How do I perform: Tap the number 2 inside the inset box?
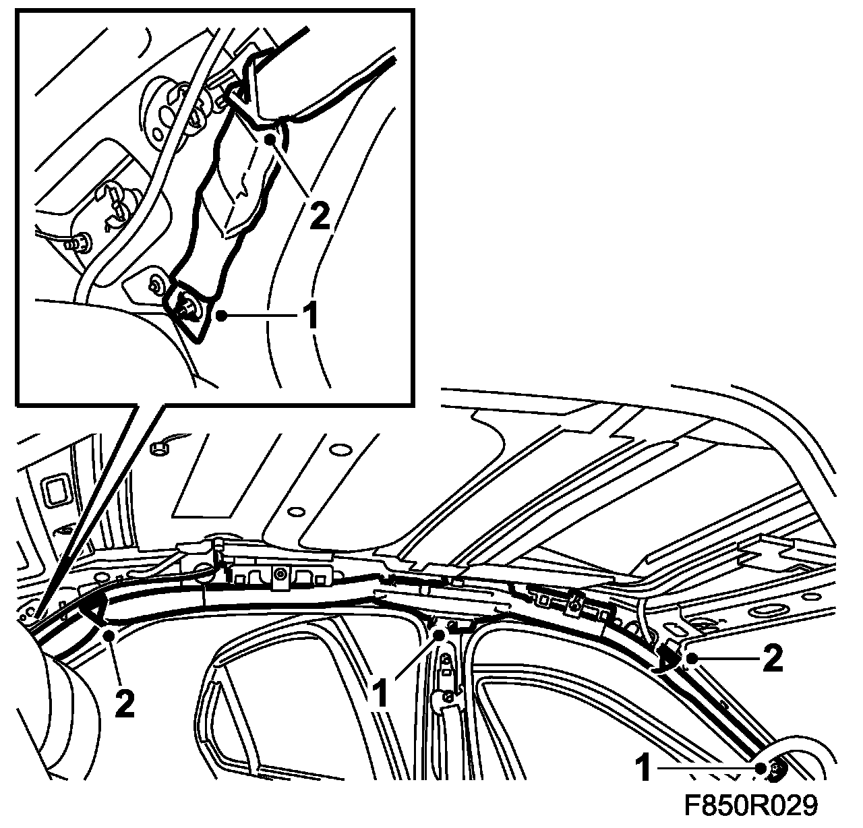coord(320,216)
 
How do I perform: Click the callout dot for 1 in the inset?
coord(221,316)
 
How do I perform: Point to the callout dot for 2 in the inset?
coord(269,140)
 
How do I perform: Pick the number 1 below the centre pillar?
coord(382,693)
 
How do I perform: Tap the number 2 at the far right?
coord(772,659)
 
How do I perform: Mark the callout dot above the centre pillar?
coord(440,636)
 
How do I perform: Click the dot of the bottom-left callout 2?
coord(109,636)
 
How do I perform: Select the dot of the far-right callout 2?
coord(691,659)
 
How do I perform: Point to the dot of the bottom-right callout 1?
coord(761,768)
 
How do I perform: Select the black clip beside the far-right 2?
coord(668,659)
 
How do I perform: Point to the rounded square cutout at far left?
coord(56,492)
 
